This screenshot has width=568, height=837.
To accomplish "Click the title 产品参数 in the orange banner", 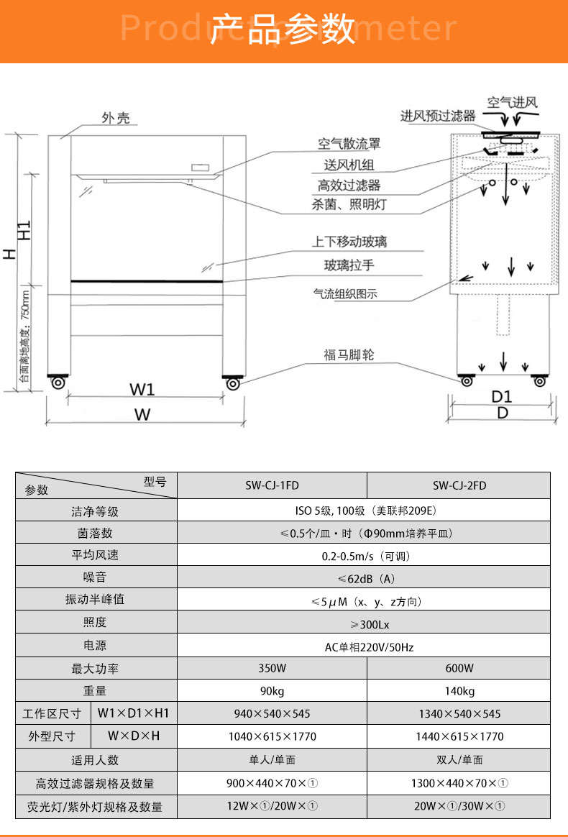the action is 283,29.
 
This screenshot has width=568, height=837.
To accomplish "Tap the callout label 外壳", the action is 116,118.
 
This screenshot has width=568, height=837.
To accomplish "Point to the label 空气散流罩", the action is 349,144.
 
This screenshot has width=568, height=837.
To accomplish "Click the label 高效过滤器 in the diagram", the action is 349,186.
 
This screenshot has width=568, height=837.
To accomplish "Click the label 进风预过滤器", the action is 438,116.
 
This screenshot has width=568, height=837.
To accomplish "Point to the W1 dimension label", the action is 142,389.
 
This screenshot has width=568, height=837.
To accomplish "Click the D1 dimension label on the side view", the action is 502,397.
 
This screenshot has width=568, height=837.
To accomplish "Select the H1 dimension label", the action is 24,230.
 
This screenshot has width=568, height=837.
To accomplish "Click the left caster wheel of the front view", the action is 58,383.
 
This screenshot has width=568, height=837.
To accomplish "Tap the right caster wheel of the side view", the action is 540,381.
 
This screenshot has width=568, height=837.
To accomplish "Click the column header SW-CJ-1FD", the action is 272,486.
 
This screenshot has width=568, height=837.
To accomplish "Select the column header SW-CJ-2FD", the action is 459,486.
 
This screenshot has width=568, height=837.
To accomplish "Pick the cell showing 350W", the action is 272,668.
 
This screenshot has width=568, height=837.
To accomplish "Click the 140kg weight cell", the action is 459,691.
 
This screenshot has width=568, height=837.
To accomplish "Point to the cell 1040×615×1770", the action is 272,736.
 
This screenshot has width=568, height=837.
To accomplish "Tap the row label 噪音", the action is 95,577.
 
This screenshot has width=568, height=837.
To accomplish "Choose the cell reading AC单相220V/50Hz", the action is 370,647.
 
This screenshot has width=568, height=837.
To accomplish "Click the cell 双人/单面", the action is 459,759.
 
